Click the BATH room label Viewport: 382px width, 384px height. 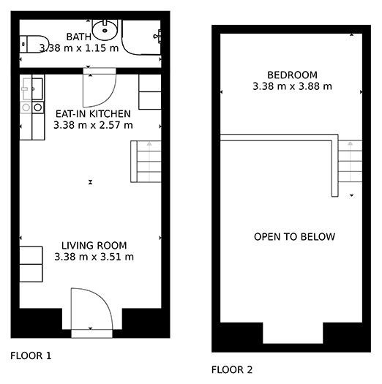(78, 37)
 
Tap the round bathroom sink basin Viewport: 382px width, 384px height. (105, 30)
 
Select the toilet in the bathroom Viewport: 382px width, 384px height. (34, 44)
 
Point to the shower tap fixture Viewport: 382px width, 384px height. (157, 37)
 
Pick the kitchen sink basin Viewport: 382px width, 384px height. (37, 89)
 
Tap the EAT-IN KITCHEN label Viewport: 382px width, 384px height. (93, 114)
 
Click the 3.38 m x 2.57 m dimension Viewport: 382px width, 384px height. (93, 125)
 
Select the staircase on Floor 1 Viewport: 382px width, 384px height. (146, 162)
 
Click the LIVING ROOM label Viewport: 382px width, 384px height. (94, 245)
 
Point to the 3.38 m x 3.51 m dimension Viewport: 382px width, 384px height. (94, 257)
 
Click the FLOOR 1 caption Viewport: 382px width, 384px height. (31, 355)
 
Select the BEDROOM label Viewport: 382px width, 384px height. (292, 75)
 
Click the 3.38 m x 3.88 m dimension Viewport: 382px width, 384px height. (292, 86)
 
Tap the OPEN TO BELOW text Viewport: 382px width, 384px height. (294, 237)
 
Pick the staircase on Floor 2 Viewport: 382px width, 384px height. (350, 161)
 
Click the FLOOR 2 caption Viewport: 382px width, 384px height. (232, 370)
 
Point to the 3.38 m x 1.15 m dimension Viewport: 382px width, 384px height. (79, 48)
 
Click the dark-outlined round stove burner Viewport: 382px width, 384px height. (38, 108)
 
